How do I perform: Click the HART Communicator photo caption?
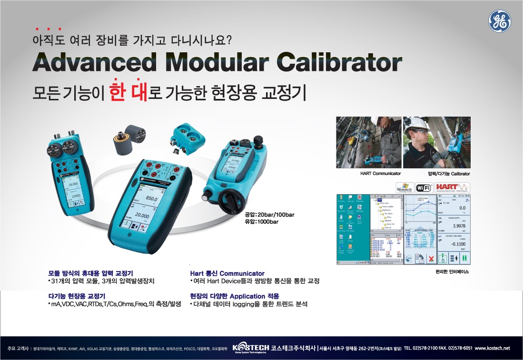(381, 174)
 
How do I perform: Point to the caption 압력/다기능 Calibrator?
(449, 174)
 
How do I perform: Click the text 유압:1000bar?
(261, 222)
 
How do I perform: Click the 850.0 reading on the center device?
(151, 199)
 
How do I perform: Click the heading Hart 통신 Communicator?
(227, 273)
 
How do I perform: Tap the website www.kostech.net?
(492, 348)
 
